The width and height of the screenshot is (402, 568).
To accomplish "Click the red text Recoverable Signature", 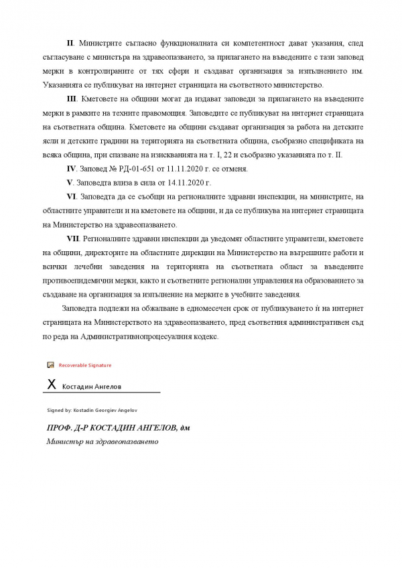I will coord(85,365).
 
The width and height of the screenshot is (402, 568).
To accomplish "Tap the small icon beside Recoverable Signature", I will coord(50,365).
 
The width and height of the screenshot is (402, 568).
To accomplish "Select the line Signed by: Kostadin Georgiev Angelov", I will coord(92,409).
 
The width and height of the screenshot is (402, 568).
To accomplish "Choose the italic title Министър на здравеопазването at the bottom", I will coord(101,442).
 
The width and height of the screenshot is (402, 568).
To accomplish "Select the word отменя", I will coord(236,168).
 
